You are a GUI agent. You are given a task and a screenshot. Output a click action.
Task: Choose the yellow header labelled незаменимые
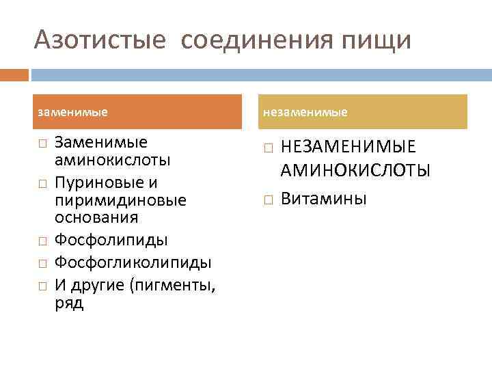click(364, 111)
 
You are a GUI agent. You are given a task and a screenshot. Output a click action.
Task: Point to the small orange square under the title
click(14, 74)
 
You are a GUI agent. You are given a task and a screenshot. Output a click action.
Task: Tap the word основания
click(96, 218)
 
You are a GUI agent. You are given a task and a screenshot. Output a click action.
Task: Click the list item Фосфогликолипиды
click(133, 262)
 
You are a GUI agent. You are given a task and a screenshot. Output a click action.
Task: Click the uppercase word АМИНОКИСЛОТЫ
click(355, 170)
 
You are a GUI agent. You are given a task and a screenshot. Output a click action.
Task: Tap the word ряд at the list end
click(68, 303)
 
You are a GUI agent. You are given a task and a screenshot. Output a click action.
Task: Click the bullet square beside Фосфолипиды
click(42, 241)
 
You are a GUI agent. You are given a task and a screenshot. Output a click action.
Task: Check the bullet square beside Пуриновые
click(42, 184)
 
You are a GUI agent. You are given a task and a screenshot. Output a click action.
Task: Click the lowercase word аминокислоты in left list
click(112, 161)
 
